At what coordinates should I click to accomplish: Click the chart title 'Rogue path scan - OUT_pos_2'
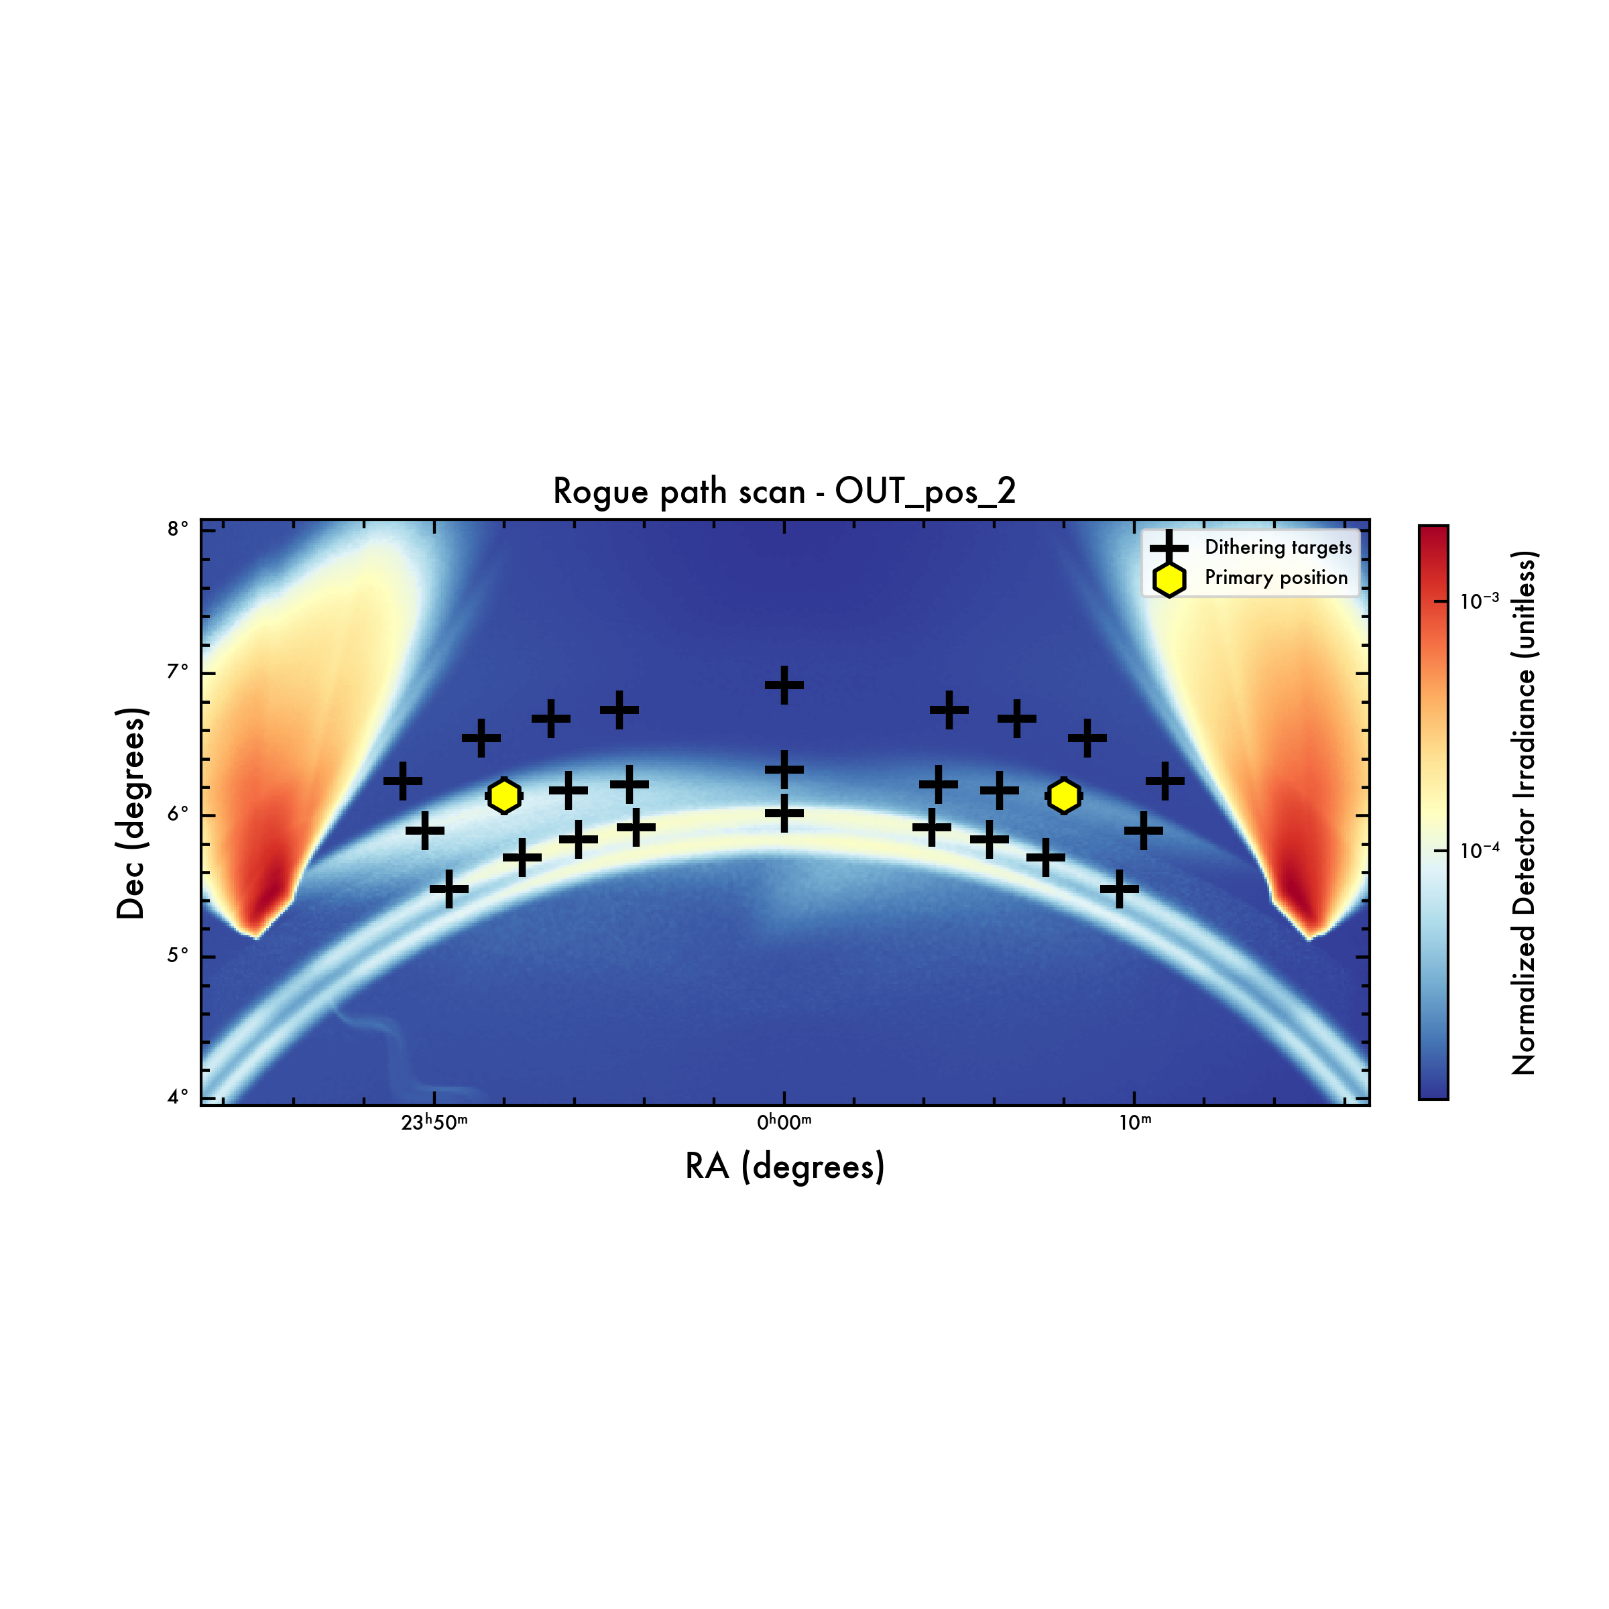(784, 491)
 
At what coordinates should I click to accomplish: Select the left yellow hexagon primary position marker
(504, 796)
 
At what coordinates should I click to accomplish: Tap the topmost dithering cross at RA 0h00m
(784, 685)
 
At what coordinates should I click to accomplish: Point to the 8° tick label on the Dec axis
(178, 529)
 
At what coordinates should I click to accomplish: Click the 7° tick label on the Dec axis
(178, 671)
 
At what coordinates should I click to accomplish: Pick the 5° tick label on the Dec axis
(178, 955)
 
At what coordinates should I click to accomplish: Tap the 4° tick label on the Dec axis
(178, 1097)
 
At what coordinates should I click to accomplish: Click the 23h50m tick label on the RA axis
(434, 1124)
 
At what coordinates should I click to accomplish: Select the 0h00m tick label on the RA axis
(784, 1124)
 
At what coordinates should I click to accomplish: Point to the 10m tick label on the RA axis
(1135, 1124)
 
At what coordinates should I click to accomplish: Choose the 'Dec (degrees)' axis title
(131, 814)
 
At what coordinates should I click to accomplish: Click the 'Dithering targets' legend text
(1278, 547)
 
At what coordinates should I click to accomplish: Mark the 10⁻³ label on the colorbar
(1480, 601)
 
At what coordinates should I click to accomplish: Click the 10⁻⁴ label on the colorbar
(1480, 850)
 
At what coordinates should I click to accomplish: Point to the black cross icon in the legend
(1169, 548)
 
